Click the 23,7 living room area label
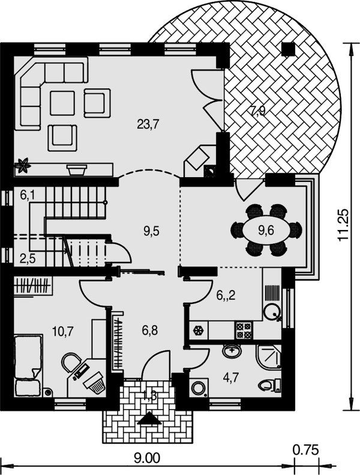[x=148, y=124]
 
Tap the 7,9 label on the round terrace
[x=257, y=111]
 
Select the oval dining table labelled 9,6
[x=266, y=231]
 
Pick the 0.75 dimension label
[x=306, y=450]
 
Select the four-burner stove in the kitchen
[x=244, y=330]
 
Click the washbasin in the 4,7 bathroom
[x=232, y=351]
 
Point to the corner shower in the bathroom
[x=269, y=357]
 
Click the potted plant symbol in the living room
[x=23, y=165]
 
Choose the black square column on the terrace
[x=288, y=49]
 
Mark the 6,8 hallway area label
[x=149, y=330]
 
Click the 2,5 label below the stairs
[x=28, y=259]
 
